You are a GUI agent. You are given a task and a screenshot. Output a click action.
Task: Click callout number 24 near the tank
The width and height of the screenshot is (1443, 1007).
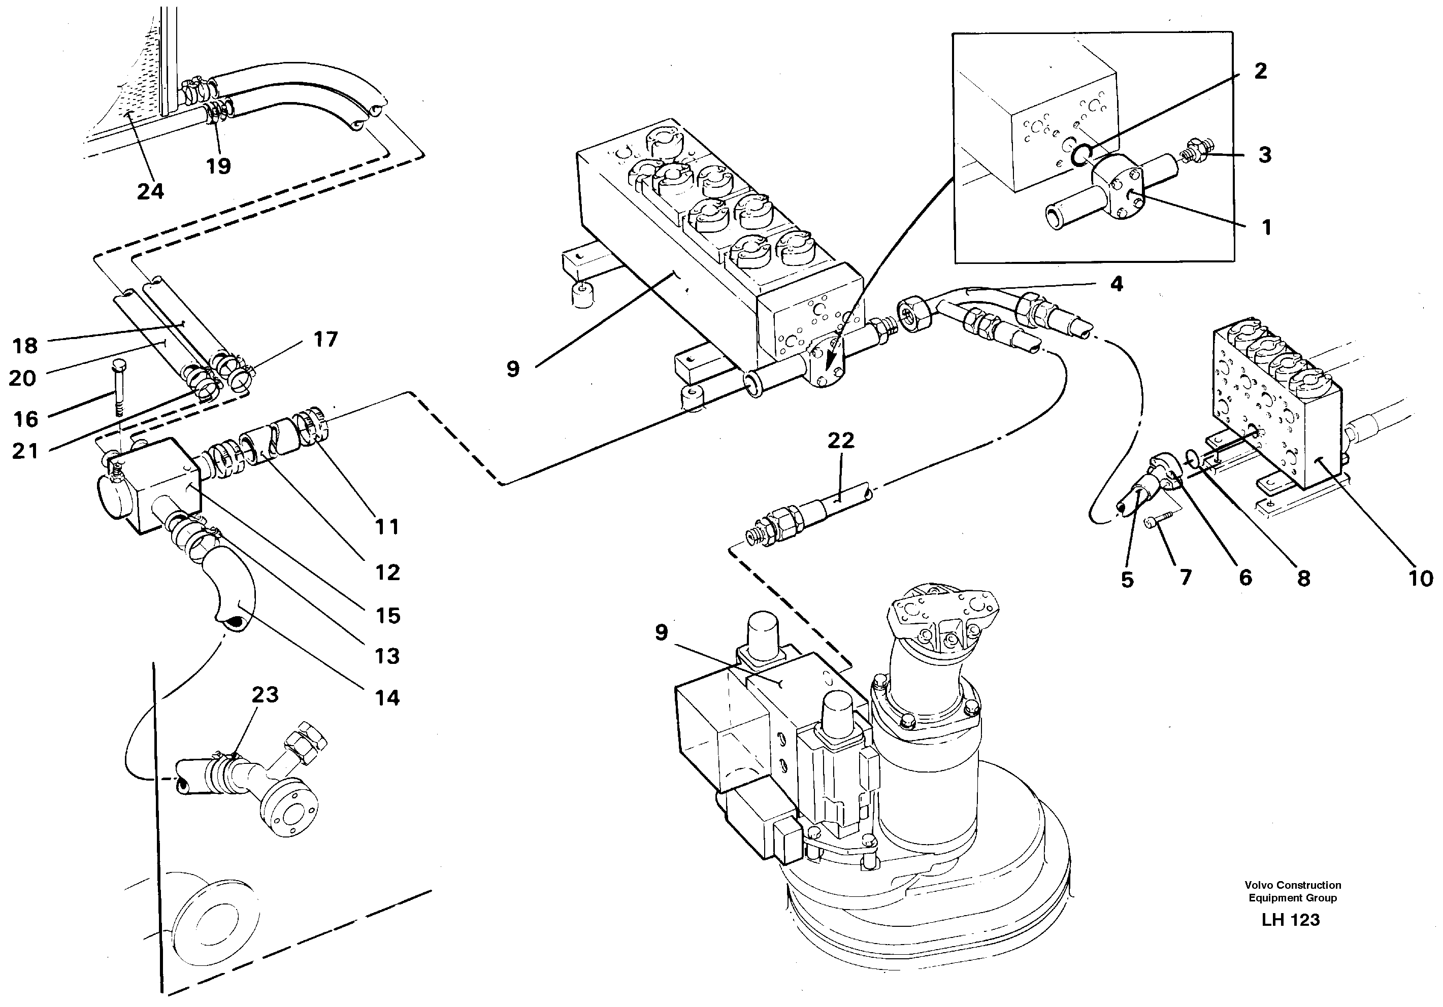(x=150, y=190)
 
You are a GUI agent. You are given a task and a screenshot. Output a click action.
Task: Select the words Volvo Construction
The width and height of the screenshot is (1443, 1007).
(x=1292, y=885)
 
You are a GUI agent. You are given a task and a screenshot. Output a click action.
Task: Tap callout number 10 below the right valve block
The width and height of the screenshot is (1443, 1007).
(x=1420, y=578)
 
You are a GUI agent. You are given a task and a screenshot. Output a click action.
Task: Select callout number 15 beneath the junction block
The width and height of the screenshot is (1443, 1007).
(x=388, y=615)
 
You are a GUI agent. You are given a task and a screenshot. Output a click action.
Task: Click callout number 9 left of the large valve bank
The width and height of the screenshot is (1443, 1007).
(x=513, y=369)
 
